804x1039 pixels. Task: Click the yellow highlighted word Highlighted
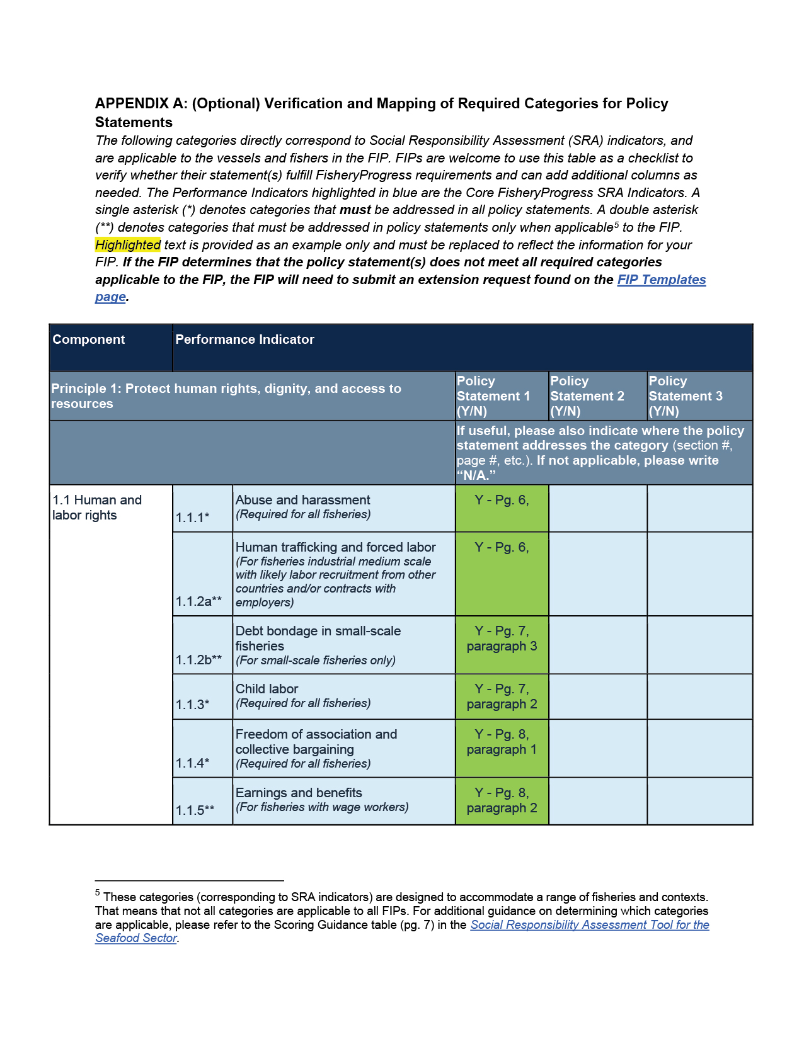point(128,245)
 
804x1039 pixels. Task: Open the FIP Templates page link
point(661,280)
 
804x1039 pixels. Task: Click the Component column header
point(89,339)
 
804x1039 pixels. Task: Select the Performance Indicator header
point(244,339)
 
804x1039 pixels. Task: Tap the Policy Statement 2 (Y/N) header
point(587,396)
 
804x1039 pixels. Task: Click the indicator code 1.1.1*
point(192,518)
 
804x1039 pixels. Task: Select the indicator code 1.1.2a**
point(198,601)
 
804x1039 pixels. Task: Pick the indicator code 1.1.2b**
point(198,660)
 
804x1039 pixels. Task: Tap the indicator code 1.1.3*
point(192,705)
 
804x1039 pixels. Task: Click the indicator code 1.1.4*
point(192,763)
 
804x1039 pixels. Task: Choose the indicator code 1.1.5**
point(195,810)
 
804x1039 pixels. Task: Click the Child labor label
point(267,689)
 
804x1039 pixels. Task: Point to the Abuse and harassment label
point(302,500)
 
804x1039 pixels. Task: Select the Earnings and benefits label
point(299,793)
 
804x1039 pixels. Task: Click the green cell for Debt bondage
point(502,645)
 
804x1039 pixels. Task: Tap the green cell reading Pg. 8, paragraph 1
point(502,747)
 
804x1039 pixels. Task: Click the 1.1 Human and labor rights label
point(97,508)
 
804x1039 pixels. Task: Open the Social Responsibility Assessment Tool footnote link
point(589,925)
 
